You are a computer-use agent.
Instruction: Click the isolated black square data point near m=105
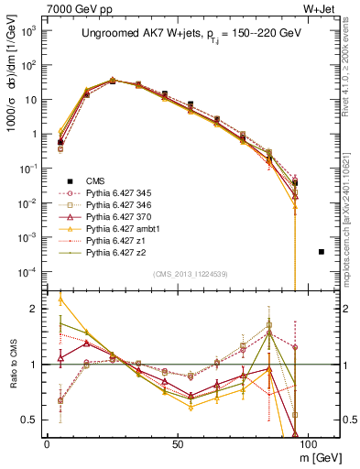(x=322, y=251)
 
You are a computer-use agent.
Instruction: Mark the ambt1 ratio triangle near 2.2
(x=60, y=299)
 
